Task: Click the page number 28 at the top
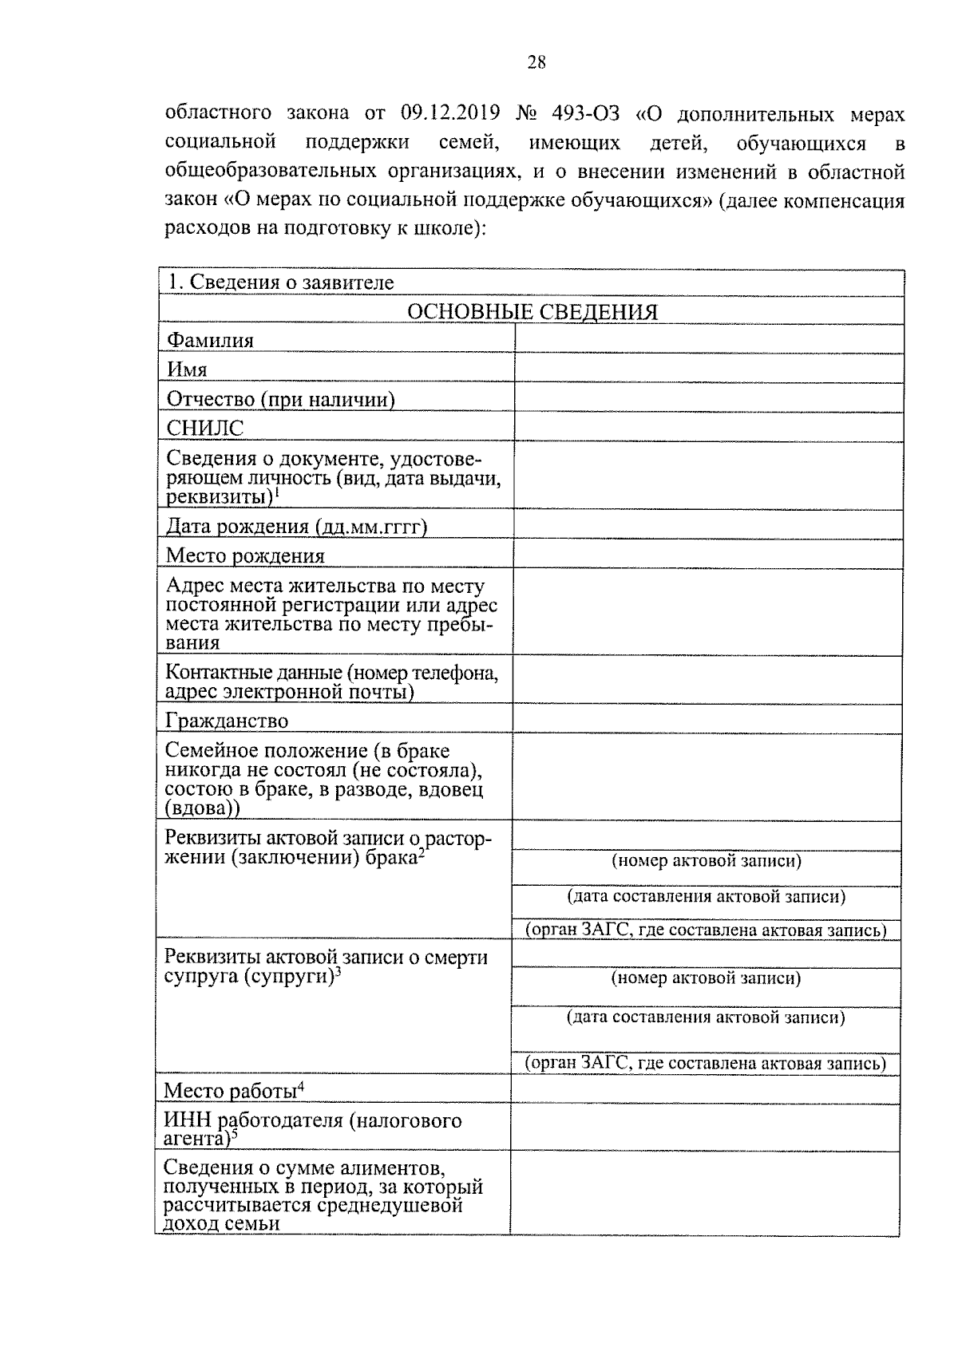pyautogui.click(x=536, y=62)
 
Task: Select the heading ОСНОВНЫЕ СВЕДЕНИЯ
pyautogui.click(x=532, y=312)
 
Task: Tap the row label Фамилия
pyautogui.click(x=210, y=341)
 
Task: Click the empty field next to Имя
pyautogui.click(x=709, y=368)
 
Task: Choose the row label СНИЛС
pyautogui.click(x=204, y=429)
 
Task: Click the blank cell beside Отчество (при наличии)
pyautogui.click(x=709, y=397)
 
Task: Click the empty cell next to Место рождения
pyautogui.click(x=709, y=554)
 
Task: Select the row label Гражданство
pyautogui.click(x=227, y=721)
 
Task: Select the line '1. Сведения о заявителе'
pyautogui.click(x=280, y=282)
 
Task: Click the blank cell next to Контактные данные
pyautogui.click(x=709, y=681)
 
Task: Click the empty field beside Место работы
pyautogui.click(x=707, y=1090)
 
